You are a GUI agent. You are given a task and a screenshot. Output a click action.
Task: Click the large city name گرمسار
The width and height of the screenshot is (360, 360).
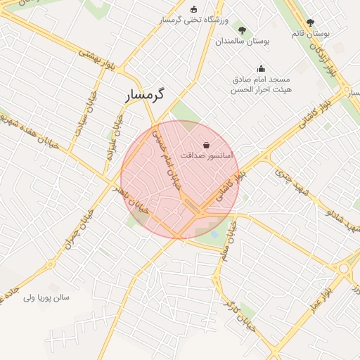point(146,95)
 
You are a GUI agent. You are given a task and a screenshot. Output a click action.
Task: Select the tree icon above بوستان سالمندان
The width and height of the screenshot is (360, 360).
point(243,30)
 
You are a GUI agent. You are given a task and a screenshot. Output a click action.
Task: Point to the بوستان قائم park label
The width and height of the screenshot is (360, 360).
point(310,33)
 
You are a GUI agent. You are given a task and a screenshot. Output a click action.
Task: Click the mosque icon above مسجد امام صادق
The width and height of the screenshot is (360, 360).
point(262,69)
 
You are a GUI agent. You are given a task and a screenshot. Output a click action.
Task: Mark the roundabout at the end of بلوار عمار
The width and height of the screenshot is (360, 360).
point(345,268)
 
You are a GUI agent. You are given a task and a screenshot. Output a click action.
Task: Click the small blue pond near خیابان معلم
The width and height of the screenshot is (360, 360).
point(214,233)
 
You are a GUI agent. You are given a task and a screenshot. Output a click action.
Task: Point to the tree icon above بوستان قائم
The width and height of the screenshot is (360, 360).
point(310,22)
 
